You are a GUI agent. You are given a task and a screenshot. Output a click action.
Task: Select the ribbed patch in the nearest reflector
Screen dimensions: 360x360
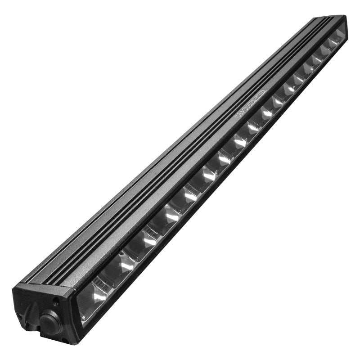pos(102,283)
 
